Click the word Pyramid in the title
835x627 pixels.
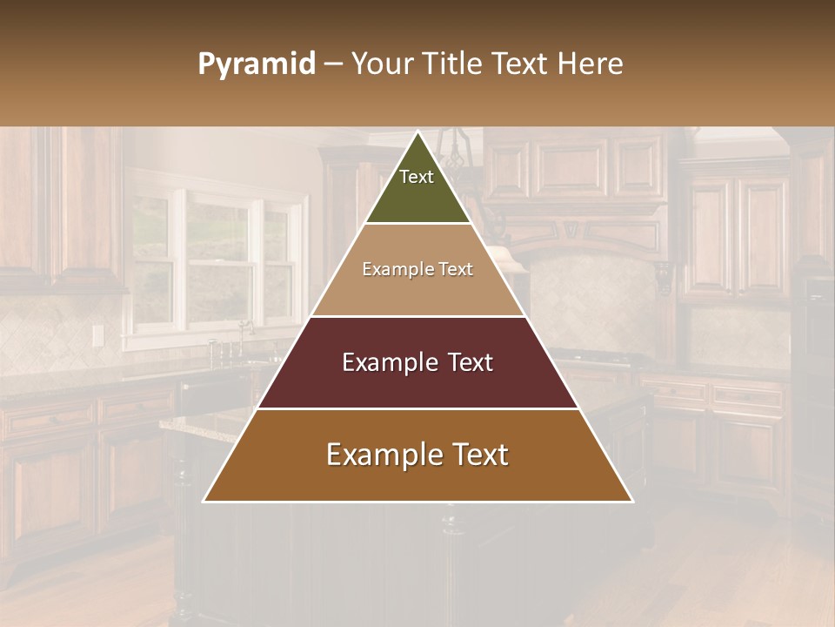tap(256, 64)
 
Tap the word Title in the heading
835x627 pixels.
tap(458, 64)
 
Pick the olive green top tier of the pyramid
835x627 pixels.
tap(417, 192)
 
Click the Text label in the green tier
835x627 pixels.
tap(417, 177)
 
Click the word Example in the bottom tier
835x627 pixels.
tap(383, 455)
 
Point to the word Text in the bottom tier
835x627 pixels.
tap(477, 455)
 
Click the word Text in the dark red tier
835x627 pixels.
tap(468, 362)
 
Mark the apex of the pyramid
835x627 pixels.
tap(417, 133)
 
